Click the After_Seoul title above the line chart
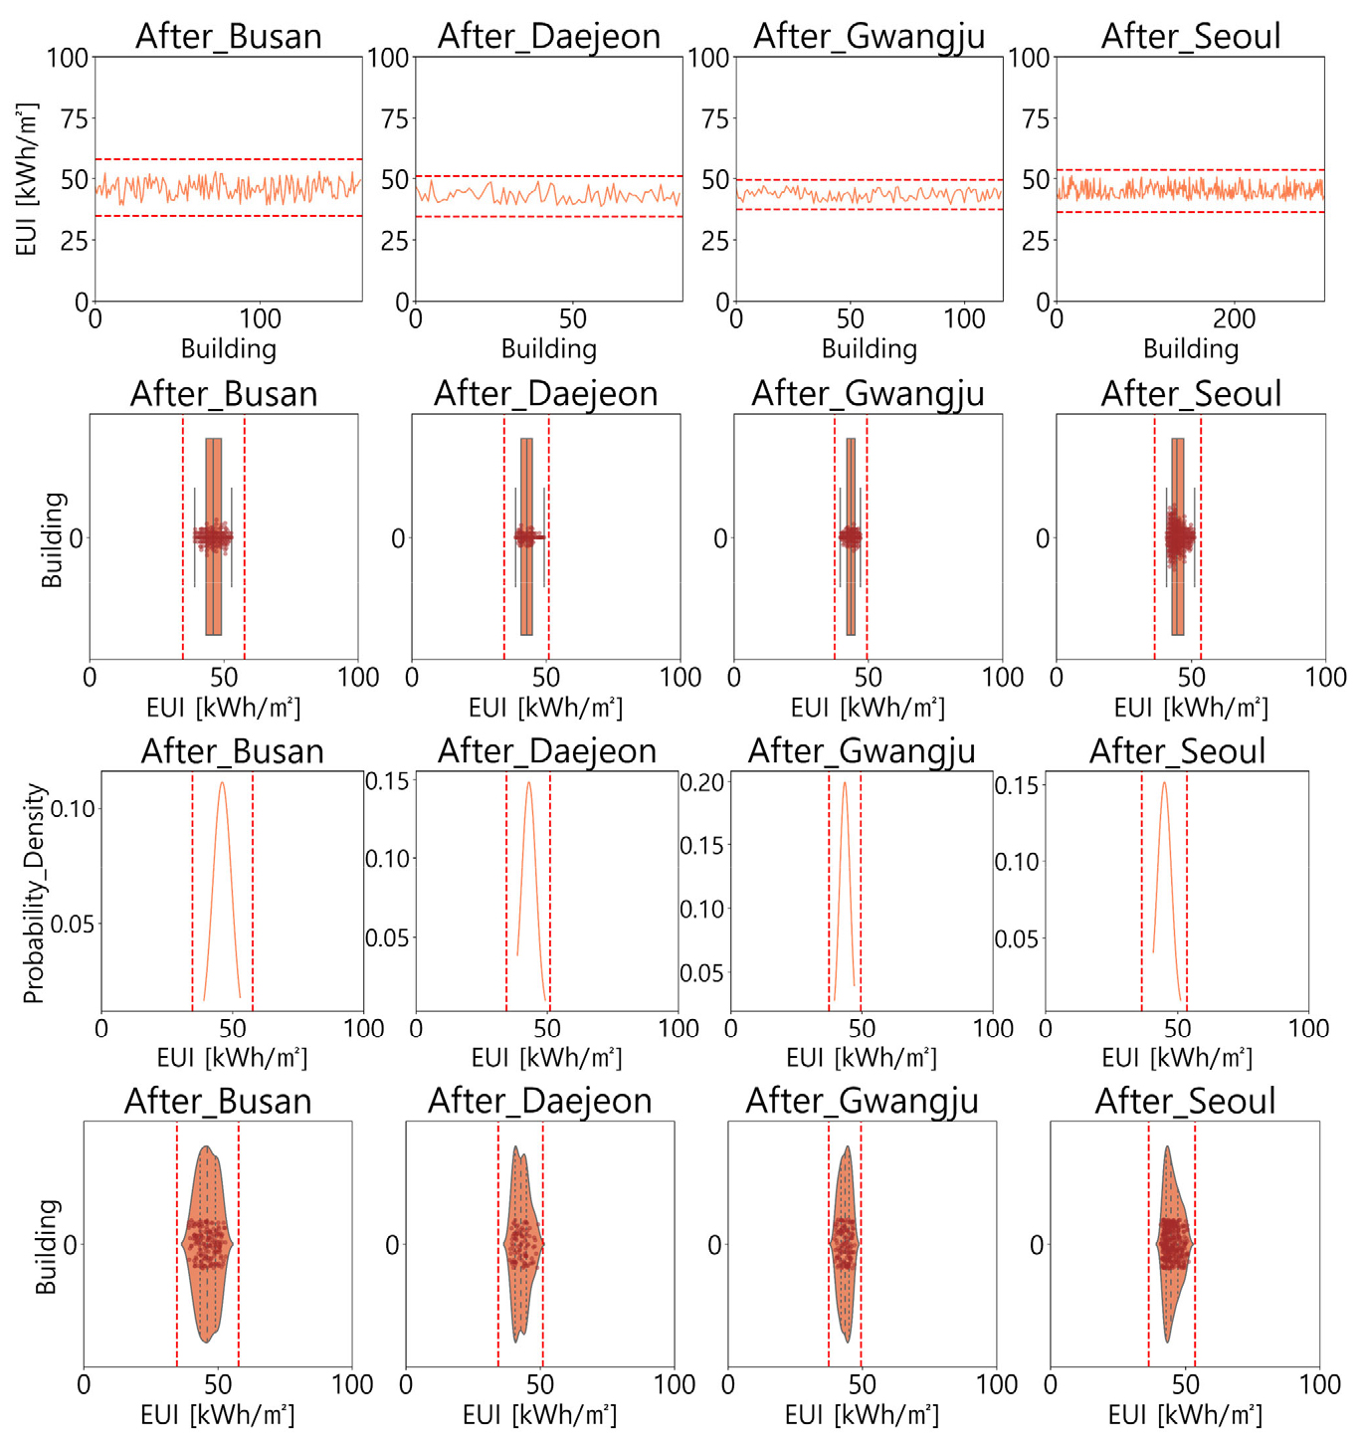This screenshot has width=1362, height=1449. click(1190, 36)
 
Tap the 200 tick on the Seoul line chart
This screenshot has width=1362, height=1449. click(1234, 319)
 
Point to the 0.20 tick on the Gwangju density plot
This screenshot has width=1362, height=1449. click(701, 782)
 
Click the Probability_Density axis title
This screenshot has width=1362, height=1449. click(34, 894)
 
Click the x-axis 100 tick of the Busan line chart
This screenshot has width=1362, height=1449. click(260, 319)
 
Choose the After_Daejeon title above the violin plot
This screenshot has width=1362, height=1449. click(540, 1101)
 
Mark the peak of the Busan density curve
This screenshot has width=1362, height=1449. click(223, 782)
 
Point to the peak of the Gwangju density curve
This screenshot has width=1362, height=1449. click(845, 782)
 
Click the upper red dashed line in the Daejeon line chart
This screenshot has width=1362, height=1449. click(548, 176)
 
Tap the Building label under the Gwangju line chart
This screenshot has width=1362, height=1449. click(869, 349)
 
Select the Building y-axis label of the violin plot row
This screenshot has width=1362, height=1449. click(46, 1246)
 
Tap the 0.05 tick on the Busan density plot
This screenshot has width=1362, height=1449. click(73, 925)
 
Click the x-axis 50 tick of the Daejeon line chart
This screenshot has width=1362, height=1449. click(572, 319)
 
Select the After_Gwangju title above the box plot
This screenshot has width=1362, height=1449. click(868, 394)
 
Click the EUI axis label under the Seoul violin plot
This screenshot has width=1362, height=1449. click(1185, 1415)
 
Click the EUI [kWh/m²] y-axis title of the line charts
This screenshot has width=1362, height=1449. click(27, 179)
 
